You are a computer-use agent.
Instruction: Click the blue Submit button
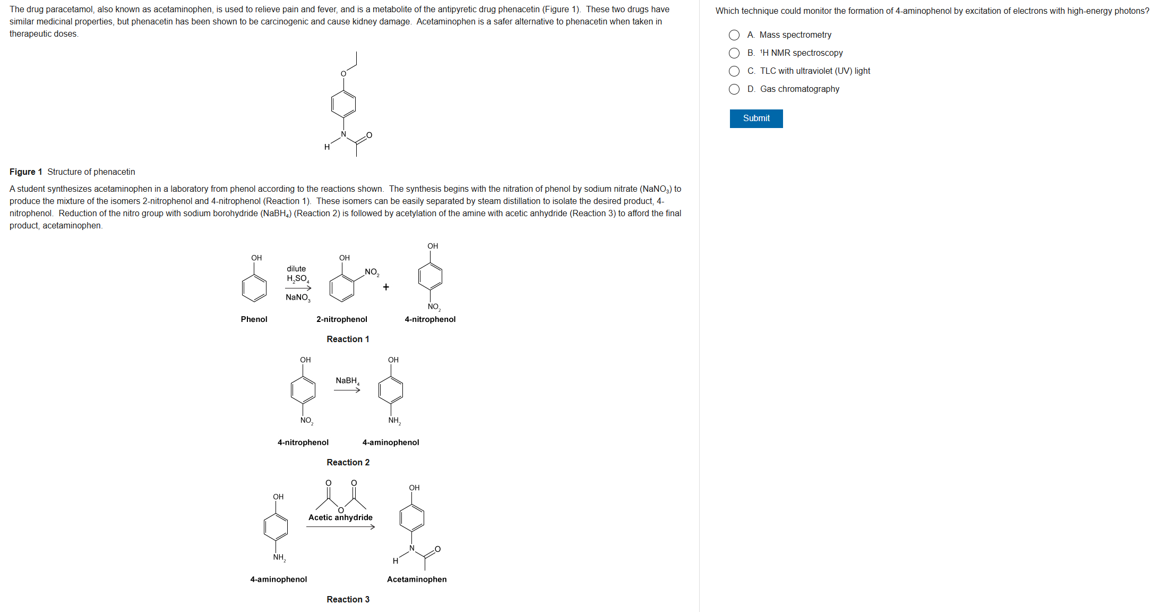point(755,118)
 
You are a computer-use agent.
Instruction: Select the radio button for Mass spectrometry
point(734,35)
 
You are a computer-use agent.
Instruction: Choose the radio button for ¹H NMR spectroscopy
point(734,53)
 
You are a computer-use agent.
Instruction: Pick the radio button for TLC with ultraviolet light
point(734,71)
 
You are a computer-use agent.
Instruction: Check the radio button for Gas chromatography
point(734,89)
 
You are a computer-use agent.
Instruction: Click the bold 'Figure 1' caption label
point(25,172)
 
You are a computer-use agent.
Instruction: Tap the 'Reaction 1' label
point(348,339)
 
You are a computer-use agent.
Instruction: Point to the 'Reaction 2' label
point(348,462)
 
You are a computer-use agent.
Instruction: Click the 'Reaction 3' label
point(348,599)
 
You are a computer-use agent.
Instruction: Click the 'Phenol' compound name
point(254,319)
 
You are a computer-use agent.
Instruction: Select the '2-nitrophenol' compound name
point(341,319)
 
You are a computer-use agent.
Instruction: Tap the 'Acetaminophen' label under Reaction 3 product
point(417,579)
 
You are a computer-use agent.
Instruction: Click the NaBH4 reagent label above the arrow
point(347,381)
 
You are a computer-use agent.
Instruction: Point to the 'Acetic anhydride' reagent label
point(340,517)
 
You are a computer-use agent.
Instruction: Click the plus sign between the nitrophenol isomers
point(386,287)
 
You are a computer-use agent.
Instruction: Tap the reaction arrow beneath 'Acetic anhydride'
point(340,527)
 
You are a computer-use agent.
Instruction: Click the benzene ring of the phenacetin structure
point(343,104)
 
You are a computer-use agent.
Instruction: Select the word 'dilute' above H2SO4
point(296,269)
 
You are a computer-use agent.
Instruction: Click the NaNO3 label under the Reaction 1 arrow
point(297,297)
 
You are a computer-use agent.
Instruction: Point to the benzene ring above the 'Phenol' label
point(254,288)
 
